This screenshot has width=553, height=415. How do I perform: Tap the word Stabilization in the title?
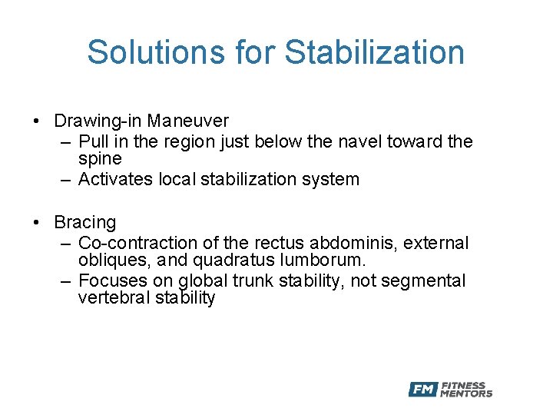375,52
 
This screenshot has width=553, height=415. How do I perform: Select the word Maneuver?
188,121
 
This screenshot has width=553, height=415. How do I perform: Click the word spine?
100,159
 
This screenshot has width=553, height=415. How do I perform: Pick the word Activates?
116,180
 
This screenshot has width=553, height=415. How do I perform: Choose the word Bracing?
85,222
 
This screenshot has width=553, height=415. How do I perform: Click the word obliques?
108,261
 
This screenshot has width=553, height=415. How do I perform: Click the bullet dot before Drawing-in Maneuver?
36,121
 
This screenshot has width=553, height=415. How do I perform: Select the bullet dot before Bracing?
36,223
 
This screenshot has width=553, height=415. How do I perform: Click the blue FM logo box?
422,390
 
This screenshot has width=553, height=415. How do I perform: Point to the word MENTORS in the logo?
466,394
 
